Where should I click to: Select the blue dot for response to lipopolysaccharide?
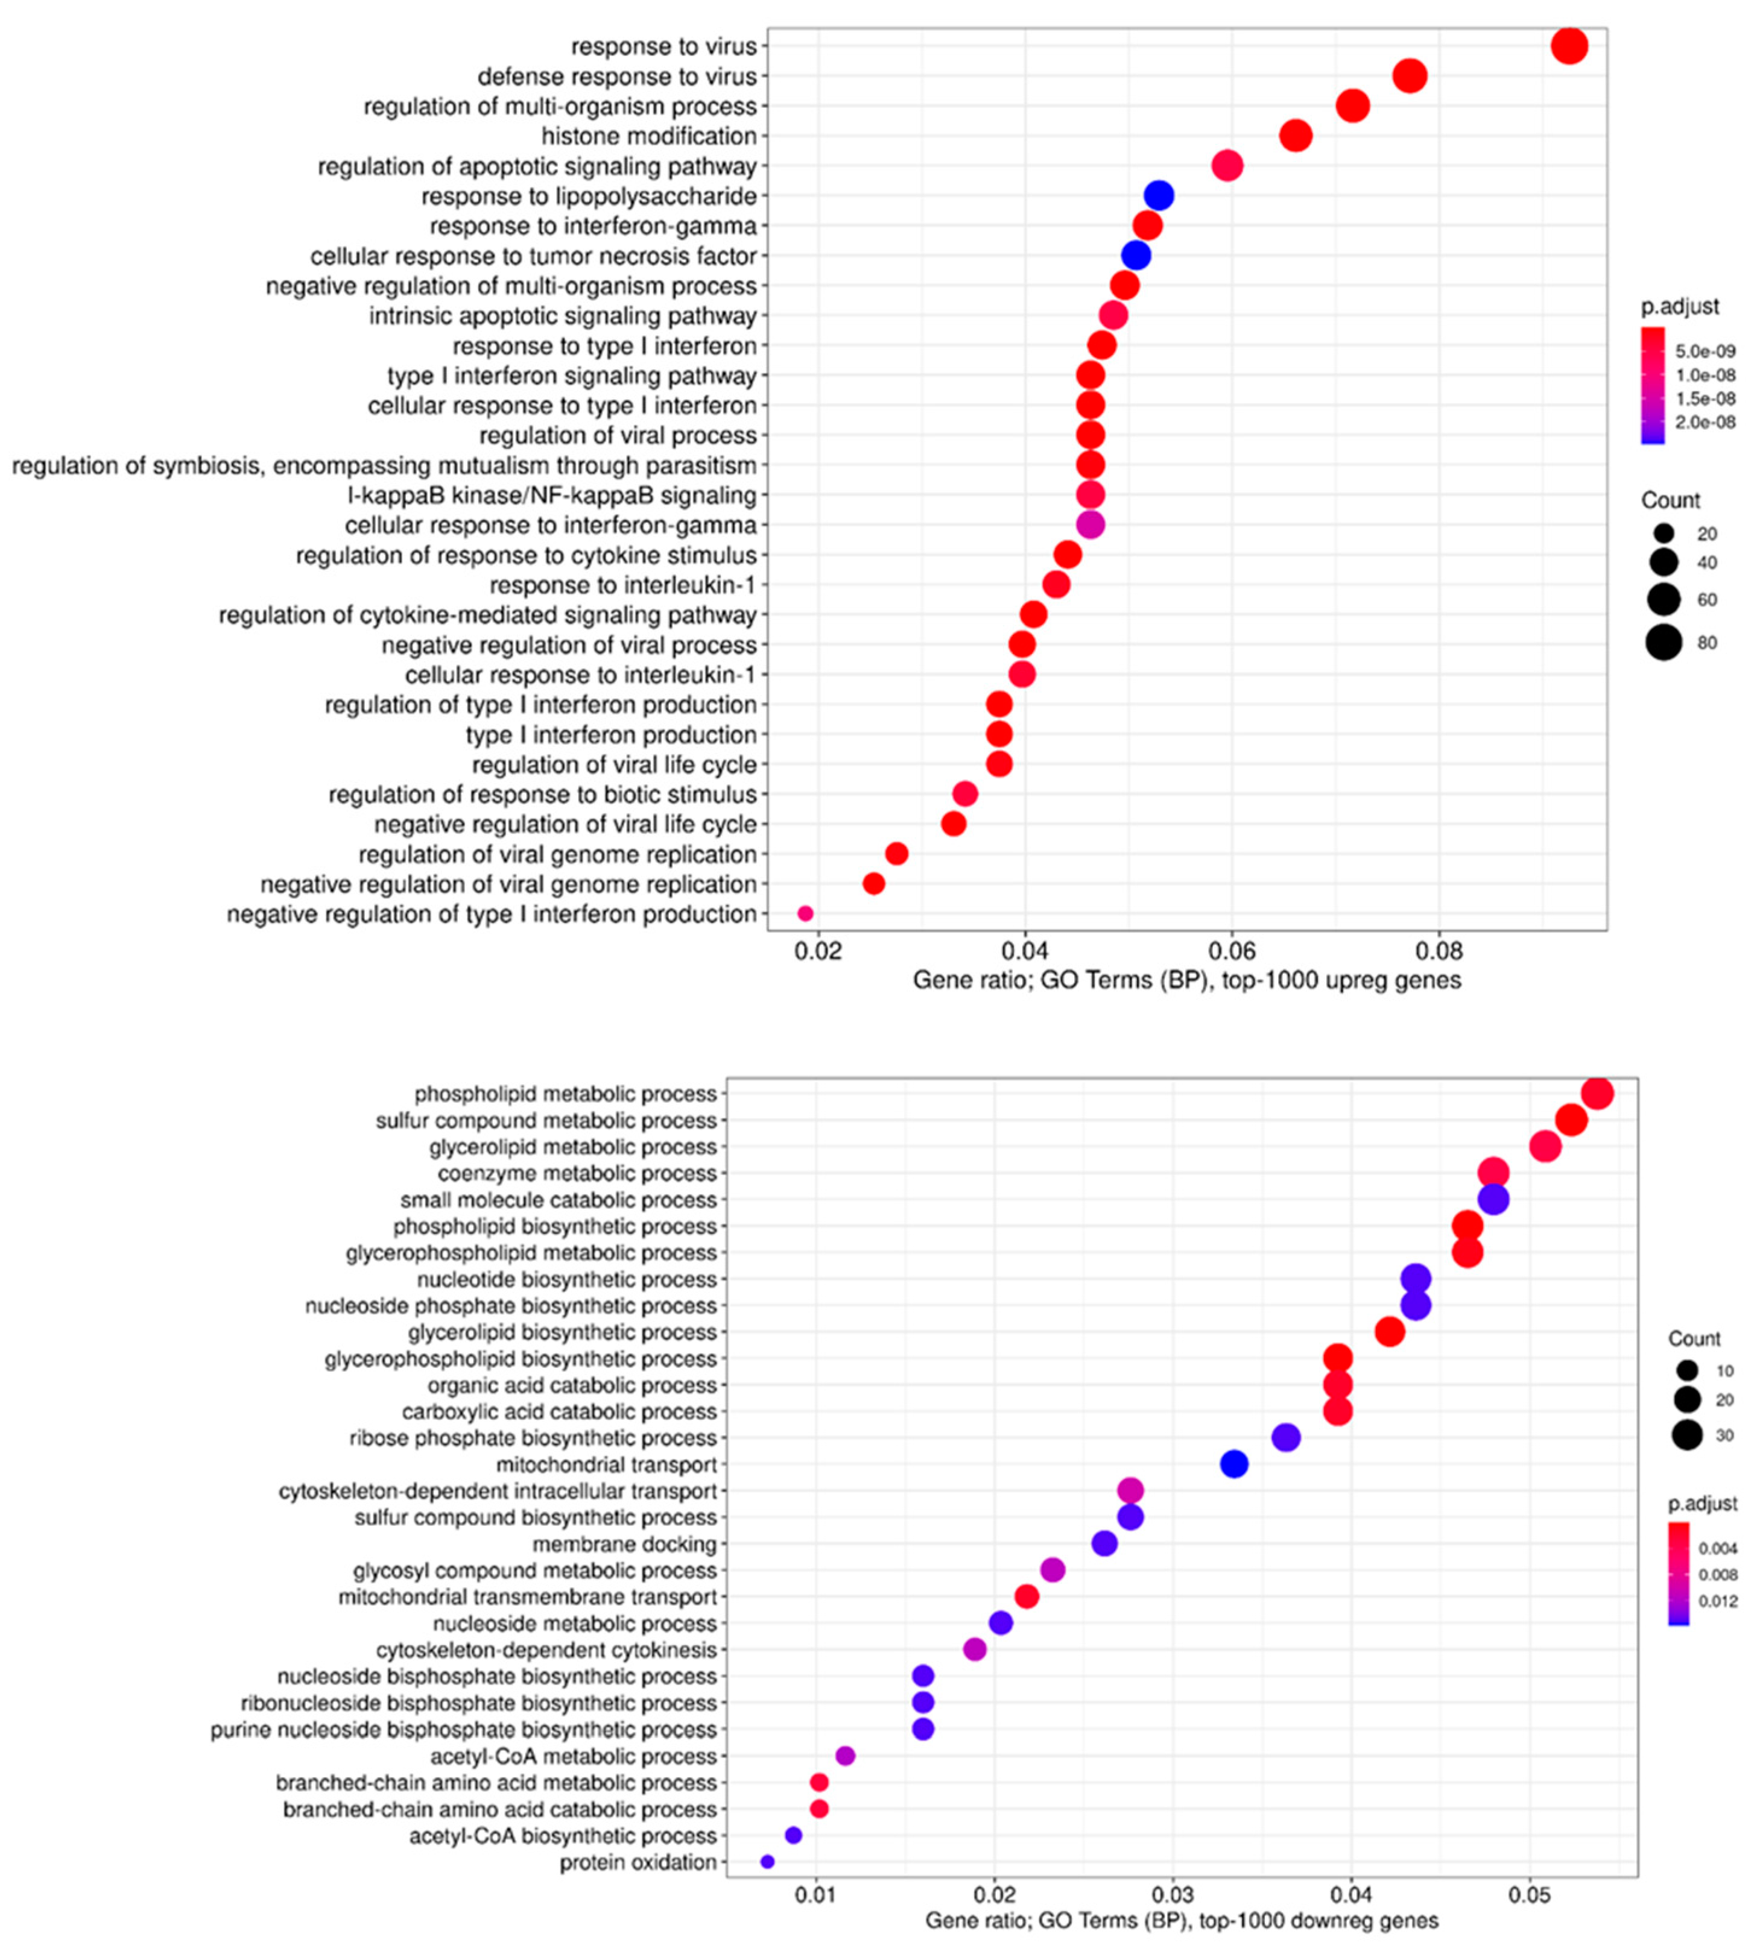click(x=1159, y=196)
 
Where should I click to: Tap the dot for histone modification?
click(x=1296, y=136)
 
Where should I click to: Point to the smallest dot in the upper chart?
click(x=805, y=914)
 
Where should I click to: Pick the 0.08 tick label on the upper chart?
click(x=1439, y=951)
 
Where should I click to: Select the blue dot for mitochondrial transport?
click(x=1234, y=1465)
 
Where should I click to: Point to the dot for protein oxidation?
click(x=767, y=1862)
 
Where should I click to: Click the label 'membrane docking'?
click(x=625, y=1545)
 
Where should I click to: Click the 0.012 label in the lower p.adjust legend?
click(x=1717, y=1602)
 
